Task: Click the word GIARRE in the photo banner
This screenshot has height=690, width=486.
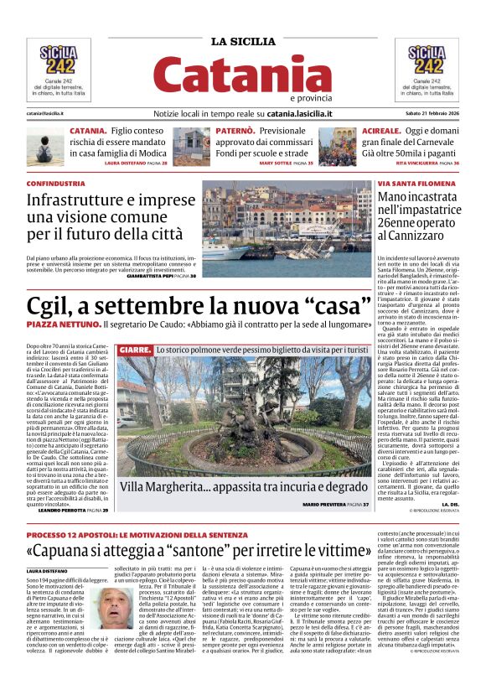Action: click(135, 349)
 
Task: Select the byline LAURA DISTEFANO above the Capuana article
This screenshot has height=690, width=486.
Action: click(50, 570)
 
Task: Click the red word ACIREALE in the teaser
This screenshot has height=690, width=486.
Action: click(379, 132)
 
